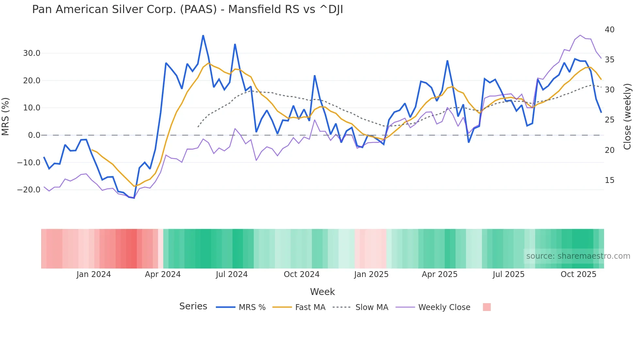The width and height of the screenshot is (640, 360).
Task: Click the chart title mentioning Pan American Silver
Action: [187, 9]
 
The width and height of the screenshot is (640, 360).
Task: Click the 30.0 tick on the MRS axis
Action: [32, 53]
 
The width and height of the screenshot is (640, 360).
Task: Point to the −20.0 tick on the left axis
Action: [29, 190]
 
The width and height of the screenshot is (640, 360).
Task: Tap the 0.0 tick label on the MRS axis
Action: [34, 135]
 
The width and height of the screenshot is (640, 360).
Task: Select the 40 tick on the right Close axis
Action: [609, 30]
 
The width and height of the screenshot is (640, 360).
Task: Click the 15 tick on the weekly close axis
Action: [609, 180]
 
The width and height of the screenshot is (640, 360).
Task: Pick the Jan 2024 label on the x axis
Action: [94, 274]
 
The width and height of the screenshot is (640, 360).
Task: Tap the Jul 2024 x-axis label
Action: [232, 274]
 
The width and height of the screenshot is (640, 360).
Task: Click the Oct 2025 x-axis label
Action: [578, 274]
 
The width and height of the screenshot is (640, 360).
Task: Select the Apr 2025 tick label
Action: [440, 274]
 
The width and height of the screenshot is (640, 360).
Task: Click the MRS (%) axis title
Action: [6, 117]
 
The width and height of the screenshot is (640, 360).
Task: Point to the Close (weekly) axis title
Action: [627, 117]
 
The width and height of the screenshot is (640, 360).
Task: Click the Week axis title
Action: [322, 292]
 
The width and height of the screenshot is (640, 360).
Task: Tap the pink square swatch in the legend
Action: [487, 307]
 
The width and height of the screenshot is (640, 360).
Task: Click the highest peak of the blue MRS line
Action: [203, 35]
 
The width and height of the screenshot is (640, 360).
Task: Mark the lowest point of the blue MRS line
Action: [134, 198]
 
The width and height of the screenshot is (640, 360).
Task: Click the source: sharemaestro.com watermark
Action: [578, 256]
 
